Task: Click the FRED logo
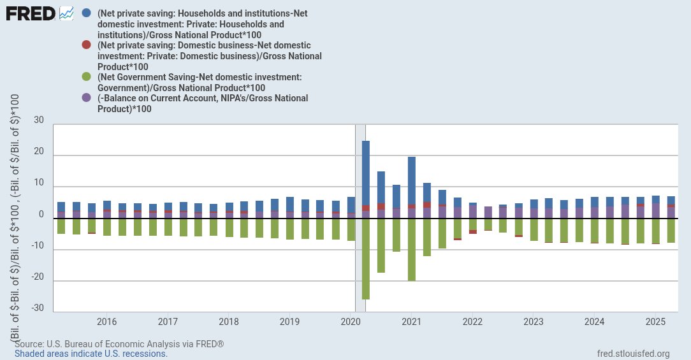pyautogui.click(x=31, y=13)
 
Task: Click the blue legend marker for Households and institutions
pyautogui.click(x=87, y=13)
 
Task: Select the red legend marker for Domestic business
pyautogui.click(x=87, y=46)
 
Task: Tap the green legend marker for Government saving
pyautogui.click(x=87, y=77)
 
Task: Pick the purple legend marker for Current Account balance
pyautogui.click(x=87, y=98)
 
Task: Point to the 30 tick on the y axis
pyautogui.click(x=39, y=120)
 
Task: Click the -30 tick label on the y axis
pyautogui.click(x=38, y=308)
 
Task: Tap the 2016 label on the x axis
pyautogui.click(x=106, y=322)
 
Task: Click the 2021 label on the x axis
pyautogui.click(x=411, y=322)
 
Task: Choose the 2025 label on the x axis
pyautogui.click(x=655, y=322)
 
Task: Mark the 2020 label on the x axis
pyautogui.click(x=351, y=322)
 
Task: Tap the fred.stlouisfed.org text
pyautogui.click(x=633, y=354)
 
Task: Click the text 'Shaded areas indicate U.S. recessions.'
pyautogui.click(x=91, y=354)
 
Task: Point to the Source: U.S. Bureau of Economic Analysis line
pyautogui.click(x=119, y=344)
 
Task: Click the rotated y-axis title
pyautogui.click(x=15, y=217)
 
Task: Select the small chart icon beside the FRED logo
pyautogui.click(x=66, y=13)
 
